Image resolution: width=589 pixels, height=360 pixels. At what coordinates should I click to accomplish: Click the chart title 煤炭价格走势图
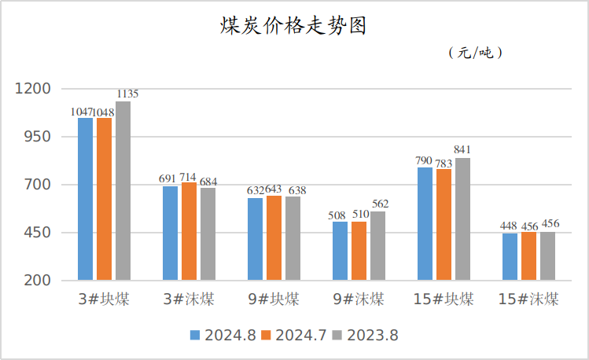pyautogui.click(x=293, y=26)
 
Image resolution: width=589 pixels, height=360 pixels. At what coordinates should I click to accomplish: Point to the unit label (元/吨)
pyautogui.click(x=475, y=53)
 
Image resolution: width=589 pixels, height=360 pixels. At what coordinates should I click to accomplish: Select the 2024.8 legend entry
pyautogui.click(x=223, y=335)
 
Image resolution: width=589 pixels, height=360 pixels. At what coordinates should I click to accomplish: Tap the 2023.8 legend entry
pyautogui.click(x=365, y=335)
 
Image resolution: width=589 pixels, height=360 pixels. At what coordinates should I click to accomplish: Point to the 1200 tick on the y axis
pyautogui.click(x=34, y=89)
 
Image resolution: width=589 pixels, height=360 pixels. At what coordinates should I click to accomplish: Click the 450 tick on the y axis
pyautogui.click(x=38, y=233)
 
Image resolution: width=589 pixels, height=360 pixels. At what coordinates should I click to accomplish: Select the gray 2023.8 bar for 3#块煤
pyautogui.click(x=123, y=191)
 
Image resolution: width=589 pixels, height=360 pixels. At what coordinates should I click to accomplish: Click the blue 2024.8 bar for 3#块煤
pyautogui.click(x=85, y=199)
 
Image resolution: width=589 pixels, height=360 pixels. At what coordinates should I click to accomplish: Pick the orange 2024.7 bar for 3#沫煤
pyautogui.click(x=189, y=231)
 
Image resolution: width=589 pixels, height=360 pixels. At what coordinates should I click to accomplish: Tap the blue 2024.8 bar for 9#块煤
pyautogui.click(x=255, y=239)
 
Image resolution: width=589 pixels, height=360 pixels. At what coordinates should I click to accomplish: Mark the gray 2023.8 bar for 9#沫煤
pyautogui.click(x=377, y=245)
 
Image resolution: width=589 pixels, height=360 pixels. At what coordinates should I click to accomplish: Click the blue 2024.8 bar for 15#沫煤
pyautogui.click(x=510, y=256)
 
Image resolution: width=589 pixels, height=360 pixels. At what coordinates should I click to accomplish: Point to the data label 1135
pyautogui.click(x=127, y=94)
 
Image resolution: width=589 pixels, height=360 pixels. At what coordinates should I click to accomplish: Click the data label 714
pyautogui.click(x=189, y=177)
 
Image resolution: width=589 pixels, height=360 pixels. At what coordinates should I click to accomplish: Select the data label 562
pyautogui.click(x=380, y=204)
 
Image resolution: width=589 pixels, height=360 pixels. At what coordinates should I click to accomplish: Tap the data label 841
pyautogui.click(x=462, y=150)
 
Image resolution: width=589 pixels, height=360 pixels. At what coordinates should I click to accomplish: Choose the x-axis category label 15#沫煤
pyautogui.click(x=528, y=299)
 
